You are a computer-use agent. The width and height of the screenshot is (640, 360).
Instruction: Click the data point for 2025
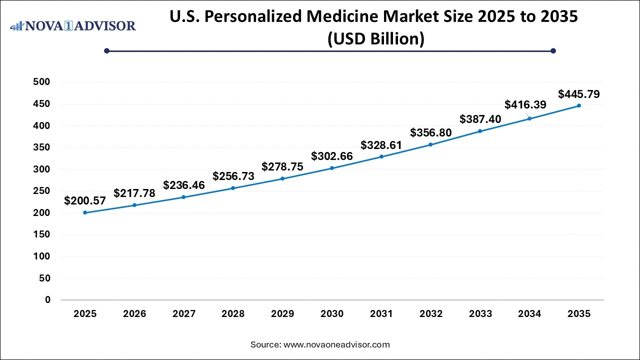click(x=85, y=212)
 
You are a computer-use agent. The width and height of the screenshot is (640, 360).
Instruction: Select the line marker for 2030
click(x=332, y=168)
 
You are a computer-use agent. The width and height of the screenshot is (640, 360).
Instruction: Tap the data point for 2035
click(x=579, y=105)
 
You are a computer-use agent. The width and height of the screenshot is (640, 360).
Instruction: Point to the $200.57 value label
click(x=85, y=201)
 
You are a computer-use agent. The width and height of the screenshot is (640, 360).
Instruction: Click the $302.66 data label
click(x=332, y=156)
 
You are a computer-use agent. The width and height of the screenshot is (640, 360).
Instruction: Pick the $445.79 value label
click(x=579, y=94)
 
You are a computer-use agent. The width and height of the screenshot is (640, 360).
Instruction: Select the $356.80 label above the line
click(x=431, y=133)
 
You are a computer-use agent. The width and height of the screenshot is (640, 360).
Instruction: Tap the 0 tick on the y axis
click(x=48, y=300)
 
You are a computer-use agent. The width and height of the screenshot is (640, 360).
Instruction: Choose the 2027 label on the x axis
click(x=183, y=314)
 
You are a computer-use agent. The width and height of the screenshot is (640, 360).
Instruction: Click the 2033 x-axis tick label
click(x=480, y=314)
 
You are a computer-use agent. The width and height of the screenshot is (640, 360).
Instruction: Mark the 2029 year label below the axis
click(x=282, y=314)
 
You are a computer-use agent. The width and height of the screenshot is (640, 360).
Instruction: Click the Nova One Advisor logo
click(x=73, y=25)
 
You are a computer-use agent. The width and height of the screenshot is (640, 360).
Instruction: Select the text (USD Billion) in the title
click(x=375, y=38)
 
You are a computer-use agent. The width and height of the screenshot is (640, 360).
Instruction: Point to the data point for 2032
click(x=431, y=144)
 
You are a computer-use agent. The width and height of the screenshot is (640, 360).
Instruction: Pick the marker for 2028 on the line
click(x=233, y=188)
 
